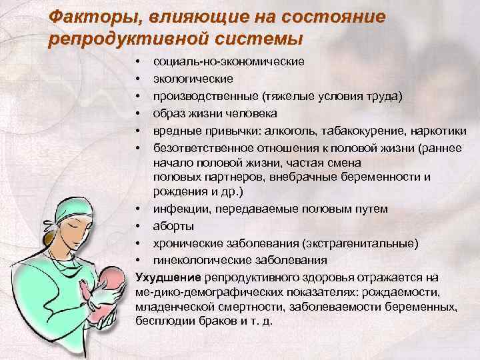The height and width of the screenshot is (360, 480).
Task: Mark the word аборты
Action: click(171, 226)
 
